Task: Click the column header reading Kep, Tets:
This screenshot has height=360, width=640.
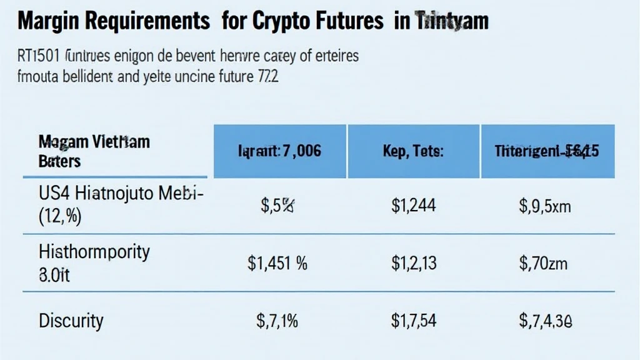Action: click(414, 151)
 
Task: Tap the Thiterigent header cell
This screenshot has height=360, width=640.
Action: click(547, 151)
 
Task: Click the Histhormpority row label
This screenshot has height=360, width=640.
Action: click(94, 252)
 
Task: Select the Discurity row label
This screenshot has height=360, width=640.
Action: click(71, 321)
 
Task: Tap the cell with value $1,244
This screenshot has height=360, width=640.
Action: click(413, 206)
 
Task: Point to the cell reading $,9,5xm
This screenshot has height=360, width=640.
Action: click(546, 206)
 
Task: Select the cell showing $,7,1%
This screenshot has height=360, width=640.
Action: click(277, 321)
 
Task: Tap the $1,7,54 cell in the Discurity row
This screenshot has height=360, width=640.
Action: click(413, 321)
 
